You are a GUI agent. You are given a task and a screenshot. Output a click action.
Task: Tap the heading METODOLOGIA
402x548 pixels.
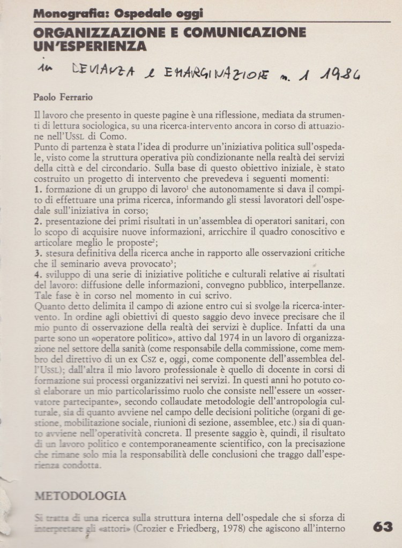tap(80, 495)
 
